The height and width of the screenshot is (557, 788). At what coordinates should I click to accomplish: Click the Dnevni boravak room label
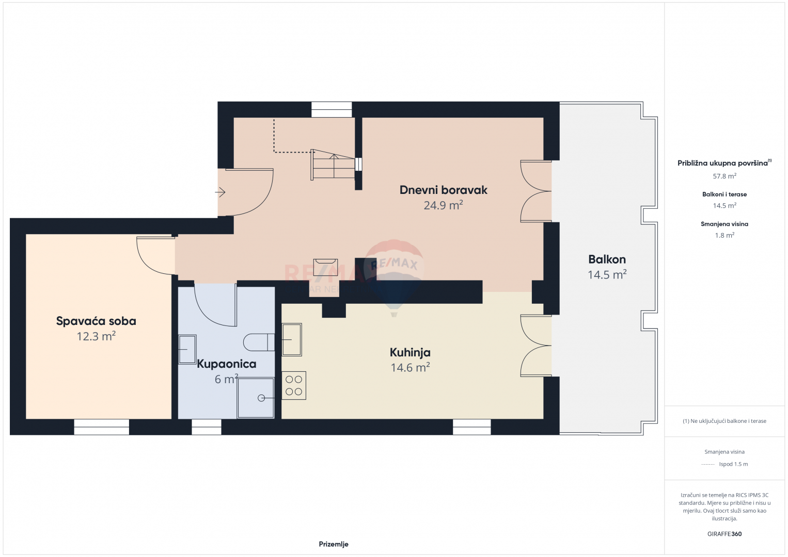pyautogui.click(x=443, y=190)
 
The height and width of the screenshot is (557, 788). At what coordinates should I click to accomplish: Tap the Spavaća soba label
pyautogui.click(x=96, y=321)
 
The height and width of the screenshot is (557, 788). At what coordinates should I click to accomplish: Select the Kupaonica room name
pyautogui.click(x=227, y=364)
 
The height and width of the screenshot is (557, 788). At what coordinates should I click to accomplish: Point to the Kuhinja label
pyautogui.click(x=410, y=352)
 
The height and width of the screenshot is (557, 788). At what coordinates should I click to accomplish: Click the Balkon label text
pyautogui.click(x=607, y=259)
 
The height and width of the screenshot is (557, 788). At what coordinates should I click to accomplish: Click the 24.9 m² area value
pyautogui.click(x=443, y=205)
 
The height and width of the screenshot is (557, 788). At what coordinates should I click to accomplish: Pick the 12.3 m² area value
pyautogui.click(x=96, y=336)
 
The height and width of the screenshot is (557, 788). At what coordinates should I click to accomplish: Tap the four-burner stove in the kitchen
pyautogui.click(x=294, y=385)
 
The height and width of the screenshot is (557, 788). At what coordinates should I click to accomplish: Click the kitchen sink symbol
pyautogui.click(x=292, y=339)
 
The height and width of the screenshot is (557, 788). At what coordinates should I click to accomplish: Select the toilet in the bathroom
pyautogui.click(x=259, y=342)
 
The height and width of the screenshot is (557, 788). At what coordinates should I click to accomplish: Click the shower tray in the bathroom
pyautogui.click(x=256, y=398)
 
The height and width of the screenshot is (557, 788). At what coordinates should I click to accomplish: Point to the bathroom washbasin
pyautogui.click(x=187, y=349)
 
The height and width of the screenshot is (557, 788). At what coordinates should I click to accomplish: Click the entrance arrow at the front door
pyautogui.click(x=220, y=192)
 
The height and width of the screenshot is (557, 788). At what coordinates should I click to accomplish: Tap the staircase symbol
pyautogui.click(x=333, y=165)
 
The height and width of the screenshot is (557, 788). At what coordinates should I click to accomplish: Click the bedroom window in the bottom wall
pyautogui.click(x=102, y=427)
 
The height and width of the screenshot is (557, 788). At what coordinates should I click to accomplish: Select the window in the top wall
pyautogui.click(x=332, y=109)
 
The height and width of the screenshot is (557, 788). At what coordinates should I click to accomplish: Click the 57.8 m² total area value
pyautogui.click(x=724, y=176)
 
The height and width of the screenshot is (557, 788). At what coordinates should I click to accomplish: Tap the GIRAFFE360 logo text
pyautogui.click(x=724, y=534)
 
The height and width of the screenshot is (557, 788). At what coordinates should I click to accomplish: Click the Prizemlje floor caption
pyautogui.click(x=334, y=544)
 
